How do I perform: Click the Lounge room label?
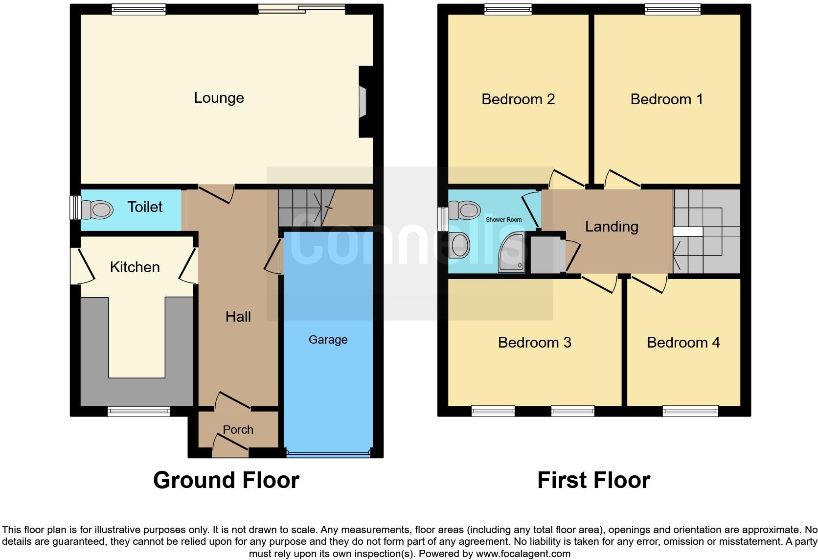click(219, 98)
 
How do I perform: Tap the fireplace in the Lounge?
click(363, 102)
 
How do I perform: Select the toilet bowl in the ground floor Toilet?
click(98, 210)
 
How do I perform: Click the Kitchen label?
click(135, 267)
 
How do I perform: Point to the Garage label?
click(328, 340)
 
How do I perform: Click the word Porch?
click(238, 430)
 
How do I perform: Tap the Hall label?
click(238, 317)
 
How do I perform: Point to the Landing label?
click(612, 227)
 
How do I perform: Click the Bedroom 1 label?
click(666, 99)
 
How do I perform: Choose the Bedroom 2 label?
click(518, 99)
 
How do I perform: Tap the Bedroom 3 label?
click(534, 343)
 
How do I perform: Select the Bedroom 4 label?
click(683, 343)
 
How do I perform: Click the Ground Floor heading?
click(226, 480)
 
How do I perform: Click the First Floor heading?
click(593, 480)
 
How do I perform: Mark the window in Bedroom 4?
click(690, 411)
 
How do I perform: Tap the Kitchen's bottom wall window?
click(138, 412)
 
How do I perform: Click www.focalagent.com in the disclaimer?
click(523, 554)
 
